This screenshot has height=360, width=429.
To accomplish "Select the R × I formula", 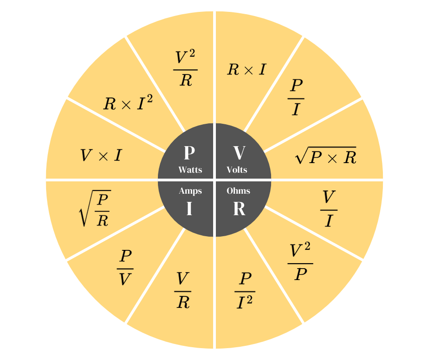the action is (x=246, y=69).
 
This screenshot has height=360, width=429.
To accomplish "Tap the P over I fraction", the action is (x=296, y=97).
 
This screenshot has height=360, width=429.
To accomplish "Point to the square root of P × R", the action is (x=325, y=156).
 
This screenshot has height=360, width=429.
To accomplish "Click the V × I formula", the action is (x=101, y=156).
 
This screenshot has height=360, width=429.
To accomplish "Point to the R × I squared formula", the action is (x=128, y=103).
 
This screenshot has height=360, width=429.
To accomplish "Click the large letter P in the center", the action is (x=189, y=153).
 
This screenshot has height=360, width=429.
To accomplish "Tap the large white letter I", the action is (x=189, y=209).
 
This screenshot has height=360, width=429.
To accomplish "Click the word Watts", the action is (x=190, y=170).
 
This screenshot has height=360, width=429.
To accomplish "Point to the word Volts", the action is (x=237, y=170).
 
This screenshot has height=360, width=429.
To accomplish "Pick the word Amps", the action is (x=190, y=191).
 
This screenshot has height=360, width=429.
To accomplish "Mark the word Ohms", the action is (x=238, y=191).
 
